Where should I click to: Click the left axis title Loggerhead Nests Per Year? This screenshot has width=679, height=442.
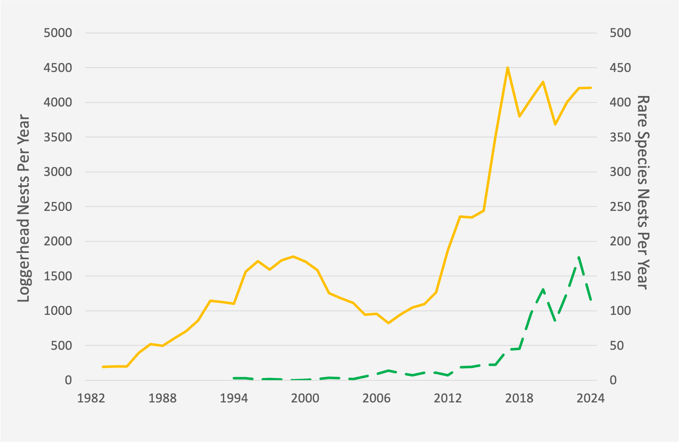click(x=24, y=208)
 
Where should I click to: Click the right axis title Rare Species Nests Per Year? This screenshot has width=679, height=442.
click(x=643, y=192)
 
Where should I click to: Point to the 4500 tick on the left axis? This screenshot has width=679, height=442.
click(x=58, y=68)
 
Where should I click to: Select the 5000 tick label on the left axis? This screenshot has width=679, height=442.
click(x=58, y=33)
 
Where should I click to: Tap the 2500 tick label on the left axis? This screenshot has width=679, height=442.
click(x=58, y=207)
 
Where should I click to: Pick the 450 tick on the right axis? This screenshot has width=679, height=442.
click(x=620, y=68)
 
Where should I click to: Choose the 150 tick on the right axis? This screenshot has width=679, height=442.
click(x=620, y=276)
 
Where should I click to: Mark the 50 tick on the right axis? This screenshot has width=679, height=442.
click(x=617, y=346)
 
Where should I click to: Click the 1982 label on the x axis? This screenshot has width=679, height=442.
click(x=91, y=398)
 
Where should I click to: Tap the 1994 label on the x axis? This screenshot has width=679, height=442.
click(x=234, y=398)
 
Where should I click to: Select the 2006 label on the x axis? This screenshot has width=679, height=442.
click(x=377, y=398)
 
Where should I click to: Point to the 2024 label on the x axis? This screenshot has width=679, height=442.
click(x=591, y=398)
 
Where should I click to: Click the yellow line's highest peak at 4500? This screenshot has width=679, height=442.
click(x=508, y=68)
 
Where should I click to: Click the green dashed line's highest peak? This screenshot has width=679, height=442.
click(x=579, y=257)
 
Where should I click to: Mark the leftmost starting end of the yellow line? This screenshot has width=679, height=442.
click(x=103, y=367)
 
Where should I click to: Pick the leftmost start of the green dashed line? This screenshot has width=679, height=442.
click(x=234, y=378)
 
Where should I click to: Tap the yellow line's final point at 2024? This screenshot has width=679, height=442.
click(x=591, y=88)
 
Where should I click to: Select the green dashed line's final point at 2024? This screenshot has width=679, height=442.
click(x=591, y=300)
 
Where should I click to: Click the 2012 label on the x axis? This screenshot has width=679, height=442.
click(x=448, y=398)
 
